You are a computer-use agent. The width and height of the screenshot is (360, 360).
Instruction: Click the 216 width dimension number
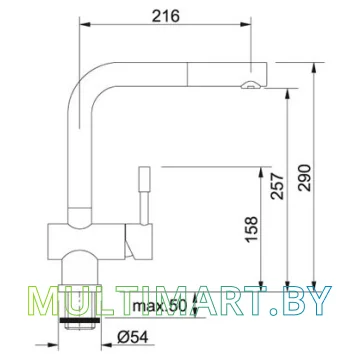tap(166, 16)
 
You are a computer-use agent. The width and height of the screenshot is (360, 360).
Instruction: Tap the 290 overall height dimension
tap(305, 178)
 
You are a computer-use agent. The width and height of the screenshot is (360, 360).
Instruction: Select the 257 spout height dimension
tap(277, 186)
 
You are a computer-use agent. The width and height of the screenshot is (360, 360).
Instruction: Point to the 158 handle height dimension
tap(251, 229)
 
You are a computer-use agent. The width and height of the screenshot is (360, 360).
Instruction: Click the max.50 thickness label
tap(159, 305)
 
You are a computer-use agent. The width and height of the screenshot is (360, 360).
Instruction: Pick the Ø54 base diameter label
tap(133, 338)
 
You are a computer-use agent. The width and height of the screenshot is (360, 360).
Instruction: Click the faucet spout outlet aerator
tap(251, 85)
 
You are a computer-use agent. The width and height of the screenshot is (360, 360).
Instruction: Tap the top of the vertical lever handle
tap(145, 167)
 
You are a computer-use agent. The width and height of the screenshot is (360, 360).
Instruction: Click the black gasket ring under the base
tap(79, 320)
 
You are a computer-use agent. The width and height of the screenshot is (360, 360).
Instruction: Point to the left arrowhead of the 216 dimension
tap(85, 24)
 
